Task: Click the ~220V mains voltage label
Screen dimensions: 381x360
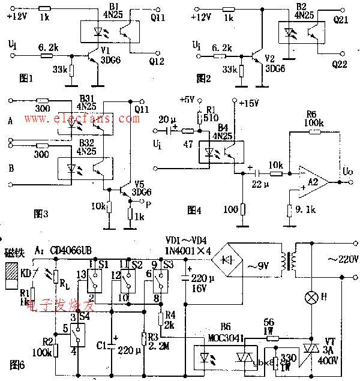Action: point(342,260)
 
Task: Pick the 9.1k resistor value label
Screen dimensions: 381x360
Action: point(304,210)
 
